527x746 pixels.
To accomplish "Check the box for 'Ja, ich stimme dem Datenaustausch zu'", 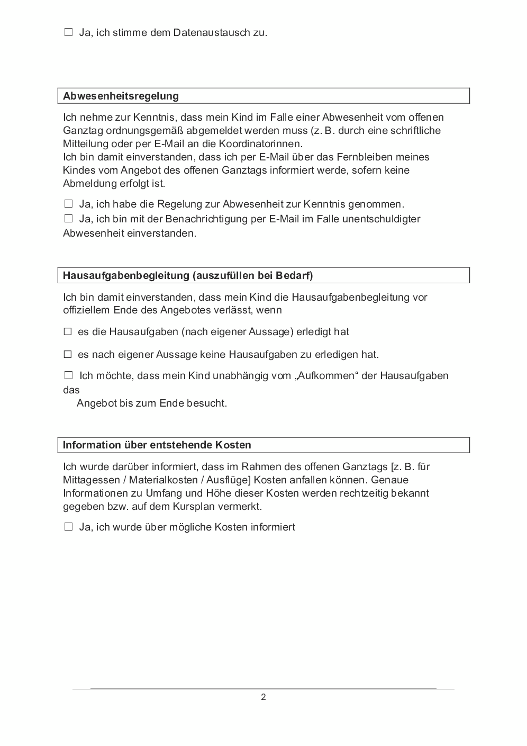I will point(68,32).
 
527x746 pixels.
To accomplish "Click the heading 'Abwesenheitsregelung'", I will point(121,96).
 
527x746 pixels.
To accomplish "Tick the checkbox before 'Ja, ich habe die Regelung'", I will point(68,204).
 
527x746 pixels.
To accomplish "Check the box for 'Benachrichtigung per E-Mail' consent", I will point(68,219).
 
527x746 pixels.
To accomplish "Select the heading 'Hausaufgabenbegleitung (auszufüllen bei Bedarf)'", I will point(187,275).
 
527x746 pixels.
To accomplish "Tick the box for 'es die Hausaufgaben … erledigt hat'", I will point(68,332).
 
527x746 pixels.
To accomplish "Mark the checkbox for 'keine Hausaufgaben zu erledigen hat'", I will point(68,354).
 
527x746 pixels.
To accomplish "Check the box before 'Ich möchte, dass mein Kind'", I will point(68,375).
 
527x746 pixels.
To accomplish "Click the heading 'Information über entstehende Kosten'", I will point(157,445).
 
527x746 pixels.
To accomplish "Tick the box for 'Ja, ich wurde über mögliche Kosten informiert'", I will point(68,527).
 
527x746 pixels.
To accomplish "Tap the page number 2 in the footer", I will point(263,697).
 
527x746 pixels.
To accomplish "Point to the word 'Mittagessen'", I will point(89,480).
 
